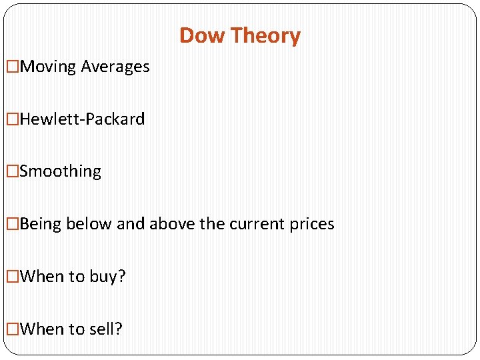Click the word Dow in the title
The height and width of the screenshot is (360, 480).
click(x=199, y=35)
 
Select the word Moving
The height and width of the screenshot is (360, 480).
click(x=49, y=67)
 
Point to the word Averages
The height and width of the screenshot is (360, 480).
click(x=115, y=67)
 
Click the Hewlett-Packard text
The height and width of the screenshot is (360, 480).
click(x=82, y=119)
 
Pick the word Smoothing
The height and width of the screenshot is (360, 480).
click(x=61, y=171)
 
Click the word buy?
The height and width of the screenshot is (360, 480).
click(x=107, y=277)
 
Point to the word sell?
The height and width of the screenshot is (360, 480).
click(x=105, y=329)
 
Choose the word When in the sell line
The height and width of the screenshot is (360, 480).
click(x=41, y=329)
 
